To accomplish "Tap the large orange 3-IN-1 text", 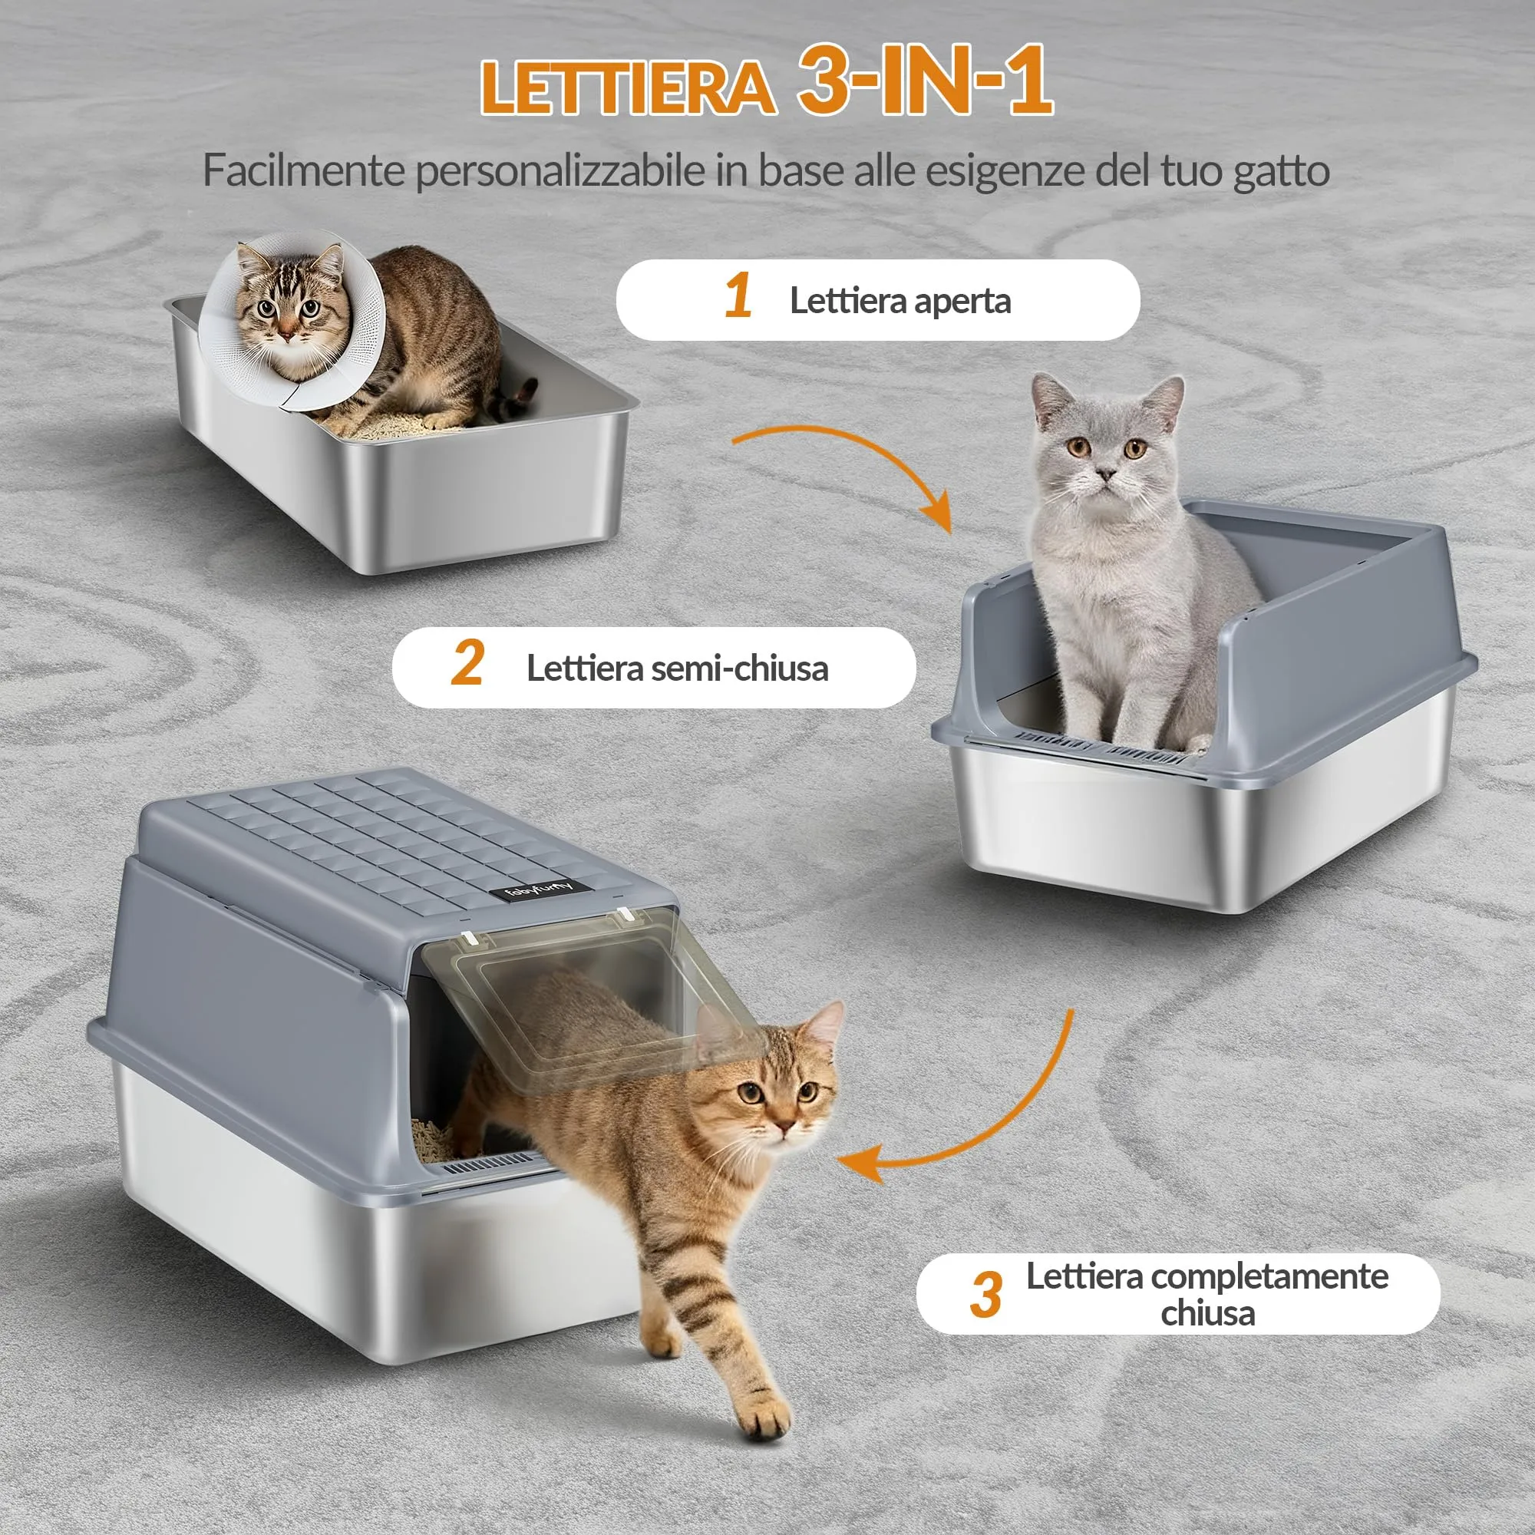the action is coord(926,80).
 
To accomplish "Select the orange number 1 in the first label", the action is coord(738,295).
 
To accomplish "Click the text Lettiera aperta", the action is coord(900,301).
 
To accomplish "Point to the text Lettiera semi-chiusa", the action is coord(677,668).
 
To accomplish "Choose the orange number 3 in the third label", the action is coord(985,1295).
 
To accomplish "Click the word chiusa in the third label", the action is coord(1207,1313).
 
